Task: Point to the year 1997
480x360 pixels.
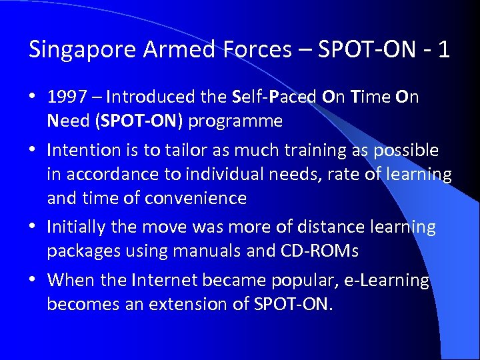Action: coord(67,97)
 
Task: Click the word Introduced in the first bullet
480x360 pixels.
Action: coord(152,97)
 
